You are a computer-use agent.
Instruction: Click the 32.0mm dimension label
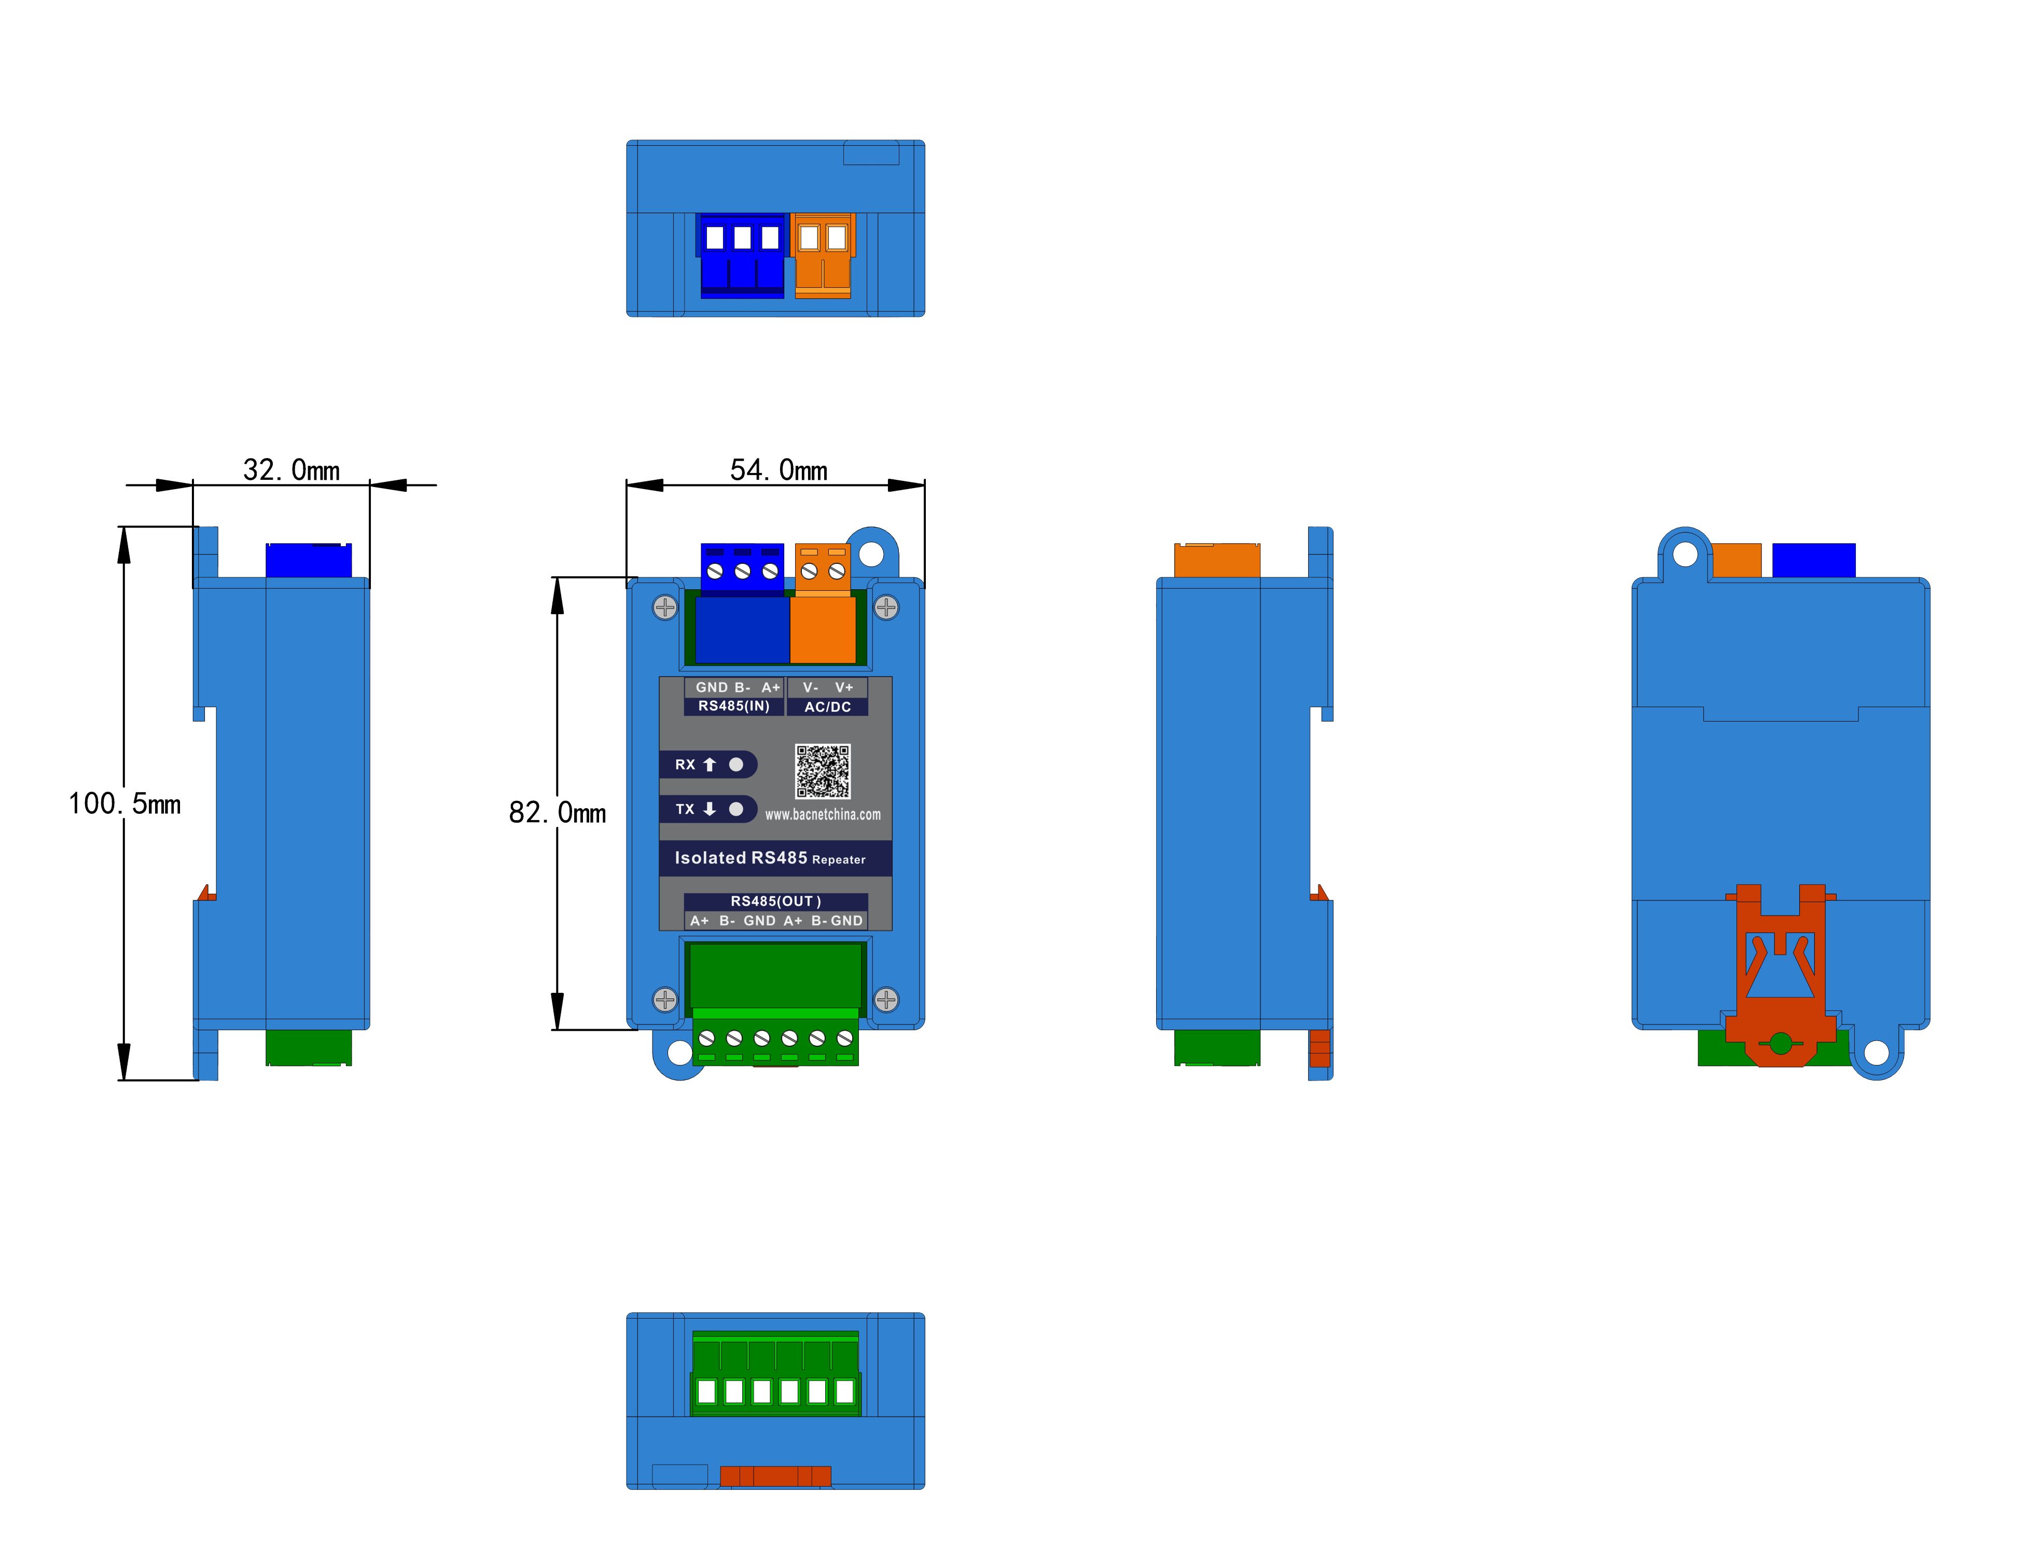(291, 470)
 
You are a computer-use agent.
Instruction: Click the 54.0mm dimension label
(778, 470)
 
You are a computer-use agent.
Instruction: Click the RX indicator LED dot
(737, 765)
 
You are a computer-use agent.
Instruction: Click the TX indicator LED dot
(737, 809)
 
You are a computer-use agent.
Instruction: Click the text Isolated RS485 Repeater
(770, 858)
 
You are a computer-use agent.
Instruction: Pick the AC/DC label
(828, 708)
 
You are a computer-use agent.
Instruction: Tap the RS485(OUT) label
(775, 902)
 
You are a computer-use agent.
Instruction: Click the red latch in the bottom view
(775, 1476)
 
